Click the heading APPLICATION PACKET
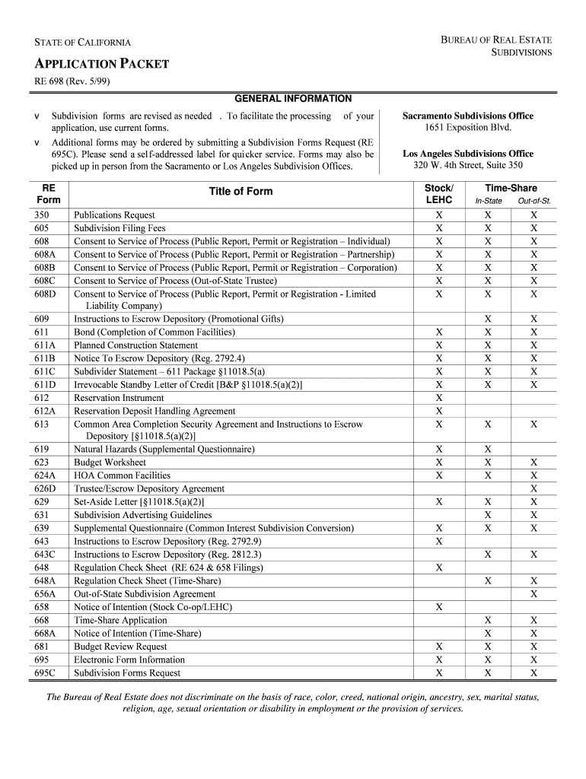pyautogui.click(x=99, y=64)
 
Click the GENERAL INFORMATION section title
pyautogui.click(x=293, y=99)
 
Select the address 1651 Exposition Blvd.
pyautogui.click(x=468, y=128)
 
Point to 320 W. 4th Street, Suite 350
pyautogui.click(x=468, y=165)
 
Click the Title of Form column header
pyautogui.click(x=240, y=192)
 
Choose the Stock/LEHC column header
pyautogui.click(x=438, y=193)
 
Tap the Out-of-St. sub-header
pyautogui.click(x=534, y=201)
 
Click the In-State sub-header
pyautogui.click(x=488, y=201)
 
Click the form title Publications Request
pyautogui.click(x=114, y=215)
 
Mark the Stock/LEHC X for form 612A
pyautogui.click(x=438, y=411)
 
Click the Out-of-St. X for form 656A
pyautogui.click(x=534, y=594)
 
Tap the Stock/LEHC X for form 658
pyautogui.click(x=438, y=607)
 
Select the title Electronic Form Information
pyautogui.click(x=129, y=660)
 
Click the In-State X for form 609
pyautogui.click(x=488, y=319)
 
